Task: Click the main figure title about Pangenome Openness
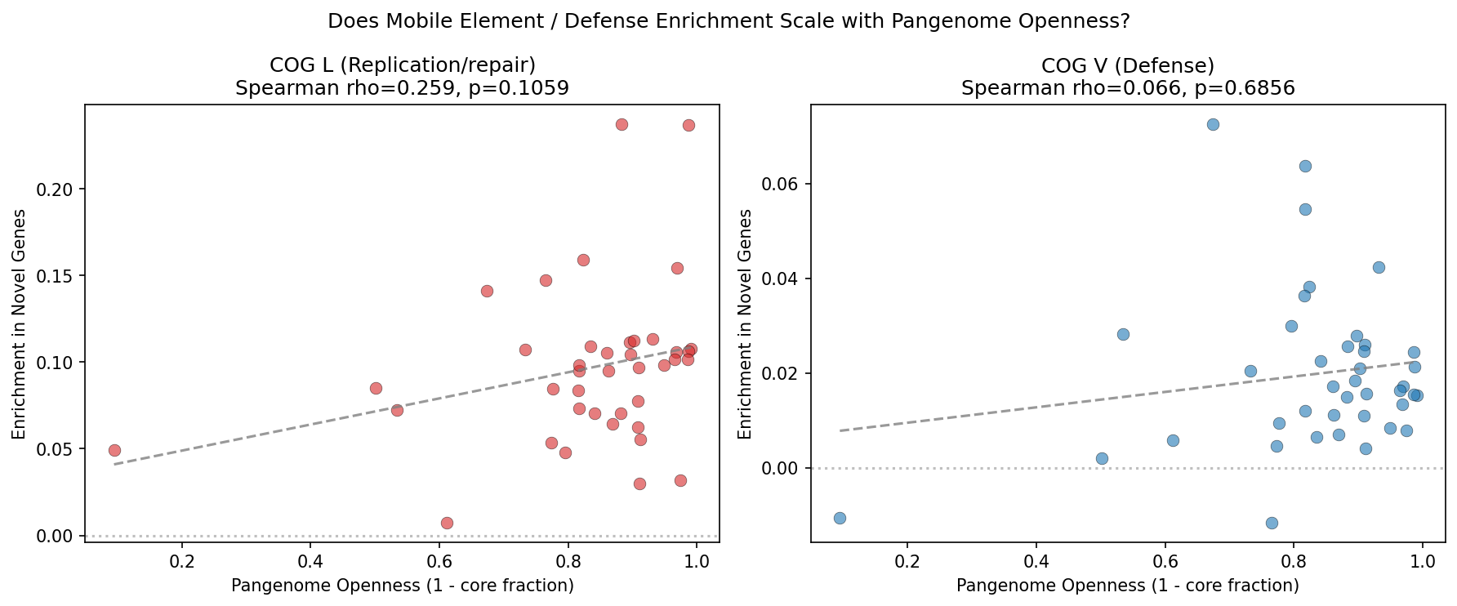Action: pos(728,22)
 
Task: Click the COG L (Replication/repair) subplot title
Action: pos(402,66)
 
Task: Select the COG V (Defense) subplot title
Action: pos(1127,66)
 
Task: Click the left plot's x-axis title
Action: pos(402,586)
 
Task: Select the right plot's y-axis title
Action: pos(745,323)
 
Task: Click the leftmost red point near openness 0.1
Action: pos(114,450)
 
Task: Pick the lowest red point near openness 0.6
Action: pos(447,523)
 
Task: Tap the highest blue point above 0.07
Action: pos(1213,124)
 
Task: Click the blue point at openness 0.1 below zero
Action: pos(840,518)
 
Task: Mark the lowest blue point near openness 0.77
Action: pos(1272,523)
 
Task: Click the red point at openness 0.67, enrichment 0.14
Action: pos(487,291)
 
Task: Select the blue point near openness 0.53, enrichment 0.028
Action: pos(1123,334)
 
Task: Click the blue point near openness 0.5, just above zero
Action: pos(1102,458)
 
